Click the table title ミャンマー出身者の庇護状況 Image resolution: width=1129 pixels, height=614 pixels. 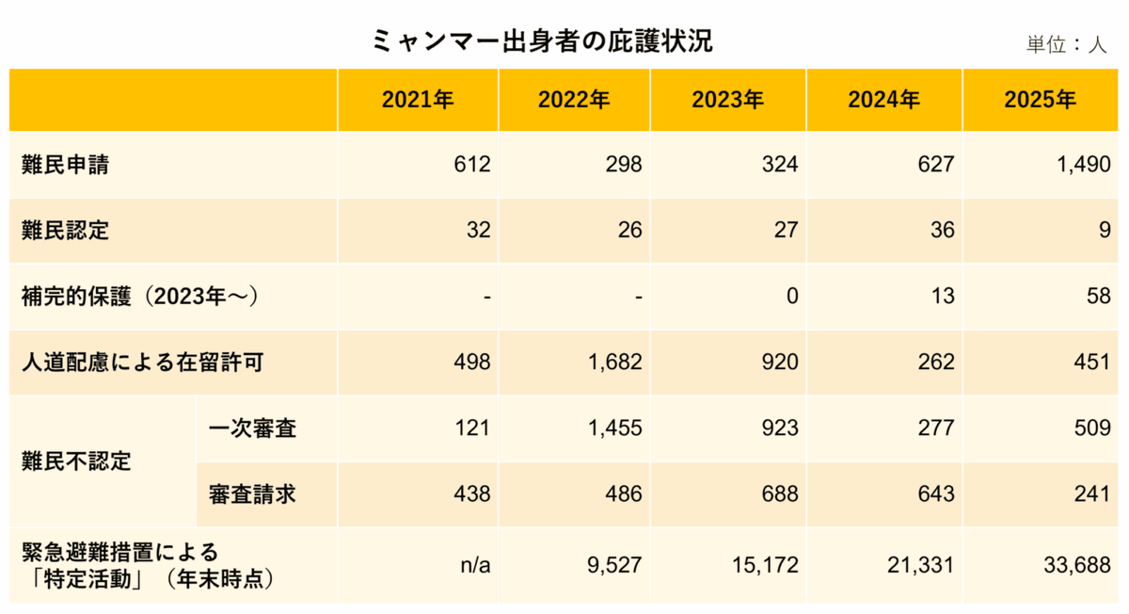(x=542, y=41)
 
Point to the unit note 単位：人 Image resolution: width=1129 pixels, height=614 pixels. (x=1067, y=44)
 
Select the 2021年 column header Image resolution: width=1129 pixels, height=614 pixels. (x=418, y=101)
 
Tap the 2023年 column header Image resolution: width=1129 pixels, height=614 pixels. (x=727, y=101)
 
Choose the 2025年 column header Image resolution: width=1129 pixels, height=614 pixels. (x=1040, y=101)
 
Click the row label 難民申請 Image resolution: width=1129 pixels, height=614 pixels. (x=65, y=165)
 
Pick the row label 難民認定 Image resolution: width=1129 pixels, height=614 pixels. (x=65, y=231)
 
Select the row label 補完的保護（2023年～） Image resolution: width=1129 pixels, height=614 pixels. (x=140, y=297)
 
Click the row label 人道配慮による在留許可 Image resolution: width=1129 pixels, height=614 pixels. (x=142, y=363)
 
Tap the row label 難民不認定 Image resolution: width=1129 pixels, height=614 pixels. (x=76, y=461)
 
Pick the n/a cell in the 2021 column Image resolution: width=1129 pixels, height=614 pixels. (x=475, y=565)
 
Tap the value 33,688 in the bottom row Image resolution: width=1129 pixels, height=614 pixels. (x=1078, y=565)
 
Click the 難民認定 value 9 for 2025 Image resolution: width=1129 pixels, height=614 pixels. (x=1104, y=231)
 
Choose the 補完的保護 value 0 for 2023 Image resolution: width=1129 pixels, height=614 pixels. (x=791, y=297)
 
